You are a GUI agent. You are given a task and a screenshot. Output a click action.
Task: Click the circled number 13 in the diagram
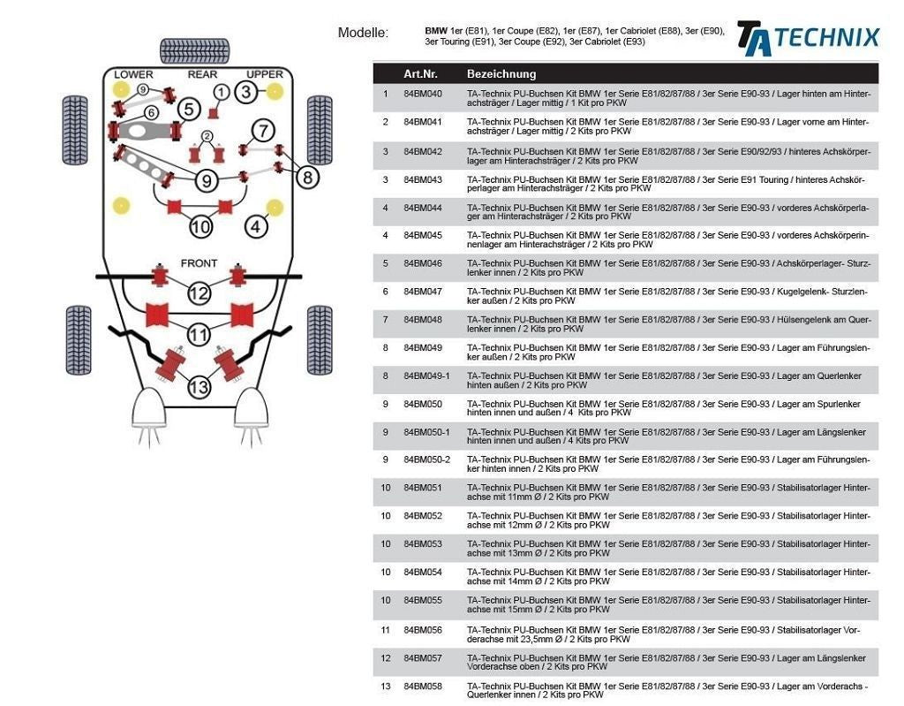200,386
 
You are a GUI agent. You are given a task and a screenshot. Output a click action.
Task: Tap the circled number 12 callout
199,292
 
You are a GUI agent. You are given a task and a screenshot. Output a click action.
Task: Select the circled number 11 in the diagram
199,335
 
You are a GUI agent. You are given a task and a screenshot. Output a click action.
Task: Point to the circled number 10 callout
201,226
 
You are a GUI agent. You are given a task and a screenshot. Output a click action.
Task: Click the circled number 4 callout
256,226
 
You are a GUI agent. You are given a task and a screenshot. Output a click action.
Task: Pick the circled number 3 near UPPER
247,91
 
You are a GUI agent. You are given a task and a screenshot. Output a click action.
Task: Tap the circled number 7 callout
262,132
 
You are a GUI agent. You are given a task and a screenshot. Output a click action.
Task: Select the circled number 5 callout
188,110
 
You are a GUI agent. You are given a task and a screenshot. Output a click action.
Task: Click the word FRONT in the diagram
199,263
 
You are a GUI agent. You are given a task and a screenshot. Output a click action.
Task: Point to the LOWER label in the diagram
133,74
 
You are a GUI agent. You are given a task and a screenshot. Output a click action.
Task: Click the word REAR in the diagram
202,74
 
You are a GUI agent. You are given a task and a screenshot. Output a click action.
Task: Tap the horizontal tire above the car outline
194,51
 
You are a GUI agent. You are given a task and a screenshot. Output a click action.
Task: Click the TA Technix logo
808,38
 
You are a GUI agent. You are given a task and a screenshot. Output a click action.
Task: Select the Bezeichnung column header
501,74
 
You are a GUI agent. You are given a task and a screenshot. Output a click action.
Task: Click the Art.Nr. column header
420,74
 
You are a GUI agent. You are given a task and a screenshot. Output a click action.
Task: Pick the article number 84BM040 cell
423,94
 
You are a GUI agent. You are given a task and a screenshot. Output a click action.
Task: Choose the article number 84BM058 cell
423,687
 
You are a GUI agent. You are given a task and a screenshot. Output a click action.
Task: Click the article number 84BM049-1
426,376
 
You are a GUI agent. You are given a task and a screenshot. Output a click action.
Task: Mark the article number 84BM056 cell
423,630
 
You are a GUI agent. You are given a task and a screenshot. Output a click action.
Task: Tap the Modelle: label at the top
363,33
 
